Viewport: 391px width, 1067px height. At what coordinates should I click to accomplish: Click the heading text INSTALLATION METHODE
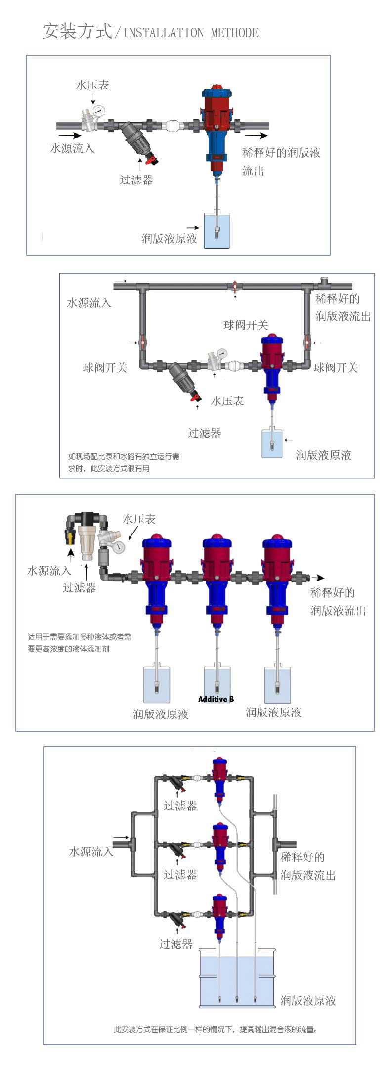click(190, 33)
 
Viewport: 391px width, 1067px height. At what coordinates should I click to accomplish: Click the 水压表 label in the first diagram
click(92, 85)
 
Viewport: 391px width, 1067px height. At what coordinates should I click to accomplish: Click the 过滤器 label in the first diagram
click(136, 179)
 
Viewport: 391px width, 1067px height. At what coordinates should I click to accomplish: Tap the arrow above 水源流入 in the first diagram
click(70, 135)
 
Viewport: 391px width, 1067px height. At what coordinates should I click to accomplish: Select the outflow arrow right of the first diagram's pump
click(257, 135)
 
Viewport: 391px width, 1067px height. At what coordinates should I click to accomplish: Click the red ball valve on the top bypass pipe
click(235, 286)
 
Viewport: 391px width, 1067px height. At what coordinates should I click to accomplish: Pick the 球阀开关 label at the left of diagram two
click(105, 367)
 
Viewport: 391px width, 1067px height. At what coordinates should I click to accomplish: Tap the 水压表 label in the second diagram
click(227, 400)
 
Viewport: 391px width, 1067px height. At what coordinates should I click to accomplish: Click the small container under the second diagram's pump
click(272, 443)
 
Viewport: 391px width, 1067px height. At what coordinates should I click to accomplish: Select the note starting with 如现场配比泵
click(124, 462)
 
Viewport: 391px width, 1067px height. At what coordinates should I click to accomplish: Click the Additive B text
click(216, 699)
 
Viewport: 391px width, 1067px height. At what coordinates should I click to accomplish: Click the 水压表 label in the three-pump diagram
click(139, 519)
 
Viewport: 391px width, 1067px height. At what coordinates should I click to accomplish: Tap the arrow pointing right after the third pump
click(318, 578)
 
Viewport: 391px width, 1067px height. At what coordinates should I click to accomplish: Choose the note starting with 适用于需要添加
click(80, 643)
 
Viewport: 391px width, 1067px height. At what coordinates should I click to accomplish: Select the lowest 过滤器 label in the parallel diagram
click(175, 944)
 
